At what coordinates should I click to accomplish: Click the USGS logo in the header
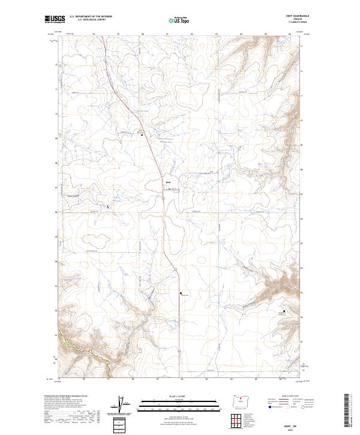55,19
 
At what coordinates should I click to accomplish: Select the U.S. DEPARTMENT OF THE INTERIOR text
91,16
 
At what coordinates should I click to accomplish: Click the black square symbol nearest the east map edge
283,311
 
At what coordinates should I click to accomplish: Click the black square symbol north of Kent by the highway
142,135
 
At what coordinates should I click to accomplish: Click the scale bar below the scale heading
179,403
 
